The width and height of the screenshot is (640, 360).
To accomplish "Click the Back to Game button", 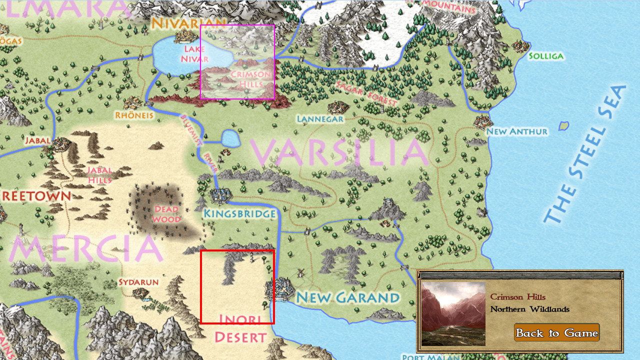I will click(556, 333).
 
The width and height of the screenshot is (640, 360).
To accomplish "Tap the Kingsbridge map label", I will click(239, 214).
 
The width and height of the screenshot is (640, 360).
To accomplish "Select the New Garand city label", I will click(348, 298).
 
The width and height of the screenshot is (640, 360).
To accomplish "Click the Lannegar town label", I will click(320, 119).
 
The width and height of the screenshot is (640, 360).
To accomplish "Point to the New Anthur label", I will click(517, 131).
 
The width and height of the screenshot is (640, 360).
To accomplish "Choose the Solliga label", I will click(546, 56).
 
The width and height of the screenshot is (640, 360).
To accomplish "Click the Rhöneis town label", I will click(134, 115).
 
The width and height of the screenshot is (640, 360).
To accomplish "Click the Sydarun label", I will click(138, 282).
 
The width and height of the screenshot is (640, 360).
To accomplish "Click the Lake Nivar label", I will click(194, 54).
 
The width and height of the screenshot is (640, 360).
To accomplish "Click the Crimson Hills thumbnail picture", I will click(453, 313).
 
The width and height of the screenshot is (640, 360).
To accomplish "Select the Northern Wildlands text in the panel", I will click(529, 309).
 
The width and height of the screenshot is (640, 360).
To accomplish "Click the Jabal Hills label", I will click(100, 175).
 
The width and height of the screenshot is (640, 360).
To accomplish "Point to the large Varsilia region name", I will click(339, 152).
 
